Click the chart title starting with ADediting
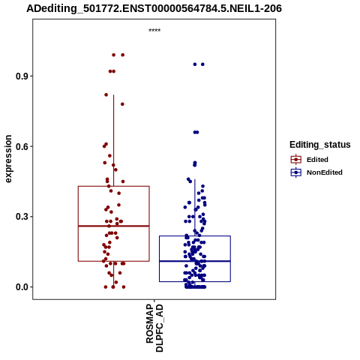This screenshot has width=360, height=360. pyautogui.click(x=154, y=9)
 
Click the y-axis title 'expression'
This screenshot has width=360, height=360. pyautogui.click(x=8, y=159)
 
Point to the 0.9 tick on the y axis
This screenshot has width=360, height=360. pyautogui.click(x=22, y=76)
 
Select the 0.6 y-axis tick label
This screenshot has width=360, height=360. pyautogui.click(x=22, y=146)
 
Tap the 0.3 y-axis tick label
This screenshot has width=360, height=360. pyautogui.click(x=22, y=217)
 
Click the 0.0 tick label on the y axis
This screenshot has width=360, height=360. pyautogui.click(x=22, y=287)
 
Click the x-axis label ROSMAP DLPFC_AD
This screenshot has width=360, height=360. pyautogui.click(x=154, y=328)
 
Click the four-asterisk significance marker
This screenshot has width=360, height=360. pyautogui.click(x=154, y=31)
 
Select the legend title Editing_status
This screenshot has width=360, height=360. pyautogui.click(x=320, y=145)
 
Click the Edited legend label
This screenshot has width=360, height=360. pyautogui.click(x=317, y=160)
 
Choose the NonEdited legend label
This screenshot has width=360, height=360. pyautogui.click(x=325, y=172)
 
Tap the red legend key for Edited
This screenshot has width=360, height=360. pyautogui.click(x=296, y=160)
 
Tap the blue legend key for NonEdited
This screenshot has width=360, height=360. pyautogui.click(x=296, y=172)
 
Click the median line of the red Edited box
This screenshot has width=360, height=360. pyautogui.click(x=114, y=226)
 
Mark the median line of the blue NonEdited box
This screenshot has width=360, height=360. pyautogui.click(x=195, y=261)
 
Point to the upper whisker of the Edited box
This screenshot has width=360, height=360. pyautogui.click(x=114, y=140)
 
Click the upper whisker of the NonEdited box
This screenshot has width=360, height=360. pyautogui.click(x=195, y=208)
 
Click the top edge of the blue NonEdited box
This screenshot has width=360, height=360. pyautogui.click(x=195, y=236)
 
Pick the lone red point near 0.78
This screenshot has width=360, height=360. pyautogui.click(x=122, y=104)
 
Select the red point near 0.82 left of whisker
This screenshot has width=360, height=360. pyautogui.click(x=106, y=94)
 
